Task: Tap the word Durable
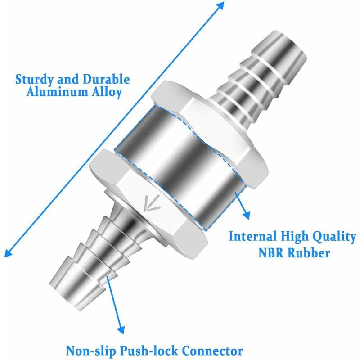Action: [103, 81]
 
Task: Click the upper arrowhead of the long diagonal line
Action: [220, 5]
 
